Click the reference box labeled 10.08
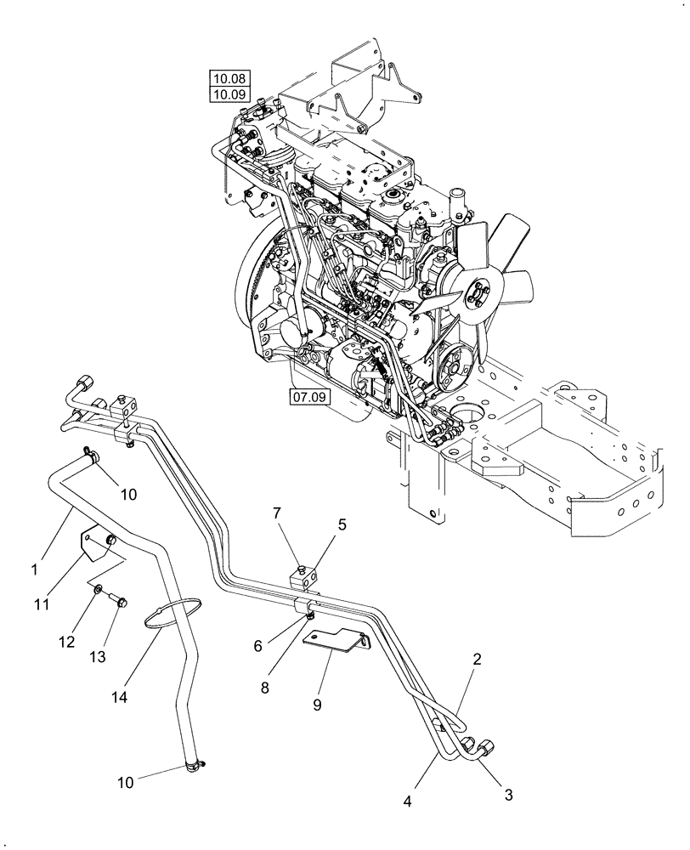pyautogui.click(x=226, y=78)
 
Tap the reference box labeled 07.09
pyautogui.click(x=310, y=396)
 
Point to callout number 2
pyautogui.click(x=478, y=659)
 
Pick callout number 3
pyautogui.click(x=508, y=796)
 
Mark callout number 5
pyautogui.click(x=342, y=524)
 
